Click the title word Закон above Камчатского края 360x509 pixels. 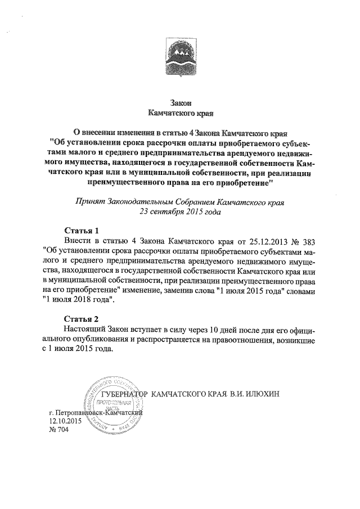pos(180,102)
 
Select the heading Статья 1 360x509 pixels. pos(82,231)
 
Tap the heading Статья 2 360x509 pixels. pos(82,319)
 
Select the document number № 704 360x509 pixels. pos(58,430)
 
